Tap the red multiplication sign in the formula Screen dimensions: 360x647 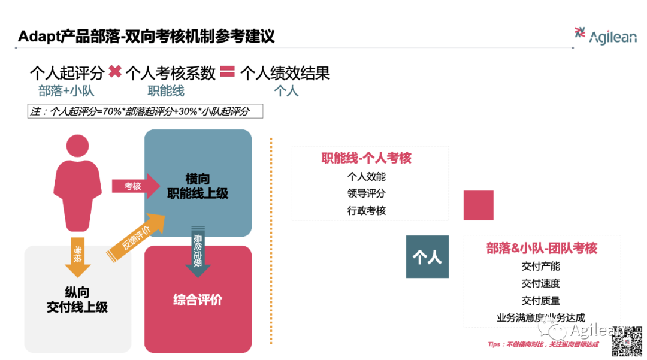pos(115,72)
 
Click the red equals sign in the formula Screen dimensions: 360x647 pos(227,72)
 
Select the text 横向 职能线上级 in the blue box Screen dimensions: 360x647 pos(198,186)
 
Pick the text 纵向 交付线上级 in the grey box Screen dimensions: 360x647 pos(77,300)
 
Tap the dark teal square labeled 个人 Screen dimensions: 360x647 pos(427,256)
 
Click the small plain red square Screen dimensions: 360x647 pos(479,205)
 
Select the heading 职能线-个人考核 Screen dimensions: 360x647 pos(367,158)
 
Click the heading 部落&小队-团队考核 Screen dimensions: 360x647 pos(542,248)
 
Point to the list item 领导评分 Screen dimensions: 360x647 pos(367,193)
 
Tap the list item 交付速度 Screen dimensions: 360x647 pos(541,283)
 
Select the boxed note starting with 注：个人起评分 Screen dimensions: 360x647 pos(146,111)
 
